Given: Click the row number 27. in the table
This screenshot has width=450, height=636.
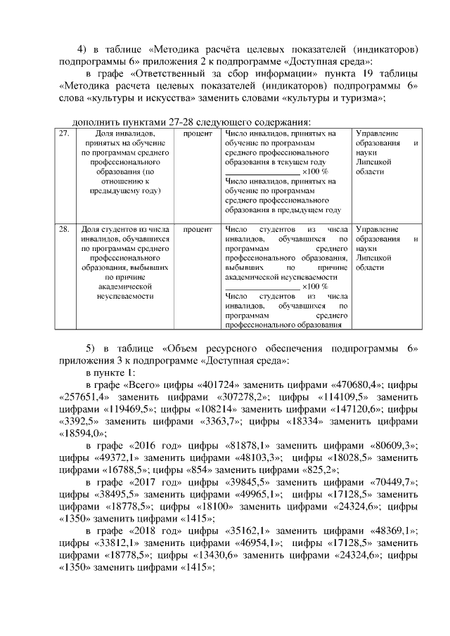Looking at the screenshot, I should (64, 134).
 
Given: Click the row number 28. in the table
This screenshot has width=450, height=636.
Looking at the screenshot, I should (64, 230).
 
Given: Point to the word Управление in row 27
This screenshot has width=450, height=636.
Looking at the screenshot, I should (378, 134).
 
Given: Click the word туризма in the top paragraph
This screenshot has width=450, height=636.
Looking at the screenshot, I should (356, 98).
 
